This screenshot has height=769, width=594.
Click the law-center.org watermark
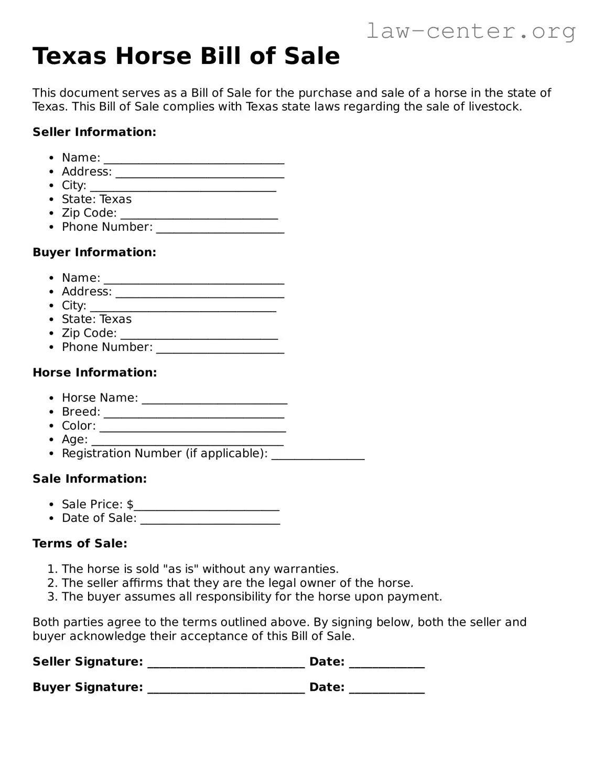pyautogui.click(x=470, y=31)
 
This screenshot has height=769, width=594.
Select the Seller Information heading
pyautogui.click(x=94, y=132)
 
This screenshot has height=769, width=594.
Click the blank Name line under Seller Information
pyautogui.click(x=193, y=159)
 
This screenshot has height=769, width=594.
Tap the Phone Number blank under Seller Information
pyautogui.click(x=220, y=228)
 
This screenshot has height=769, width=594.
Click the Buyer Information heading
pyautogui.click(x=94, y=252)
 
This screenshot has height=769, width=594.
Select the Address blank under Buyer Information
pyautogui.click(x=200, y=293)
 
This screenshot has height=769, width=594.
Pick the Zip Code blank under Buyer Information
pyautogui.click(x=199, y=334)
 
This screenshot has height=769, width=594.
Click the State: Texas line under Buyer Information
pyautogui.click(x=96, y=319)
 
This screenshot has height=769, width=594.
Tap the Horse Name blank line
pyautogui.click(x=214, y=399)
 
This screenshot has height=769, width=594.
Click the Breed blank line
pyautogui.click(x=193, y=413)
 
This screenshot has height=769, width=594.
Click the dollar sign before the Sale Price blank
pyautogui.click(x=130, y=505)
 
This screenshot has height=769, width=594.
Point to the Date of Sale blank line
pyautogui.click(x=210, y=519)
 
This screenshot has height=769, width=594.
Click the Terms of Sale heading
pyautogui.click(x=80, y=543)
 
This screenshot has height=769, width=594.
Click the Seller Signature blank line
pyautogui.click(x=226, y=663)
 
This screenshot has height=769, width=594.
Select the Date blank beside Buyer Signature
pyautogui.click(x=386, y=689)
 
